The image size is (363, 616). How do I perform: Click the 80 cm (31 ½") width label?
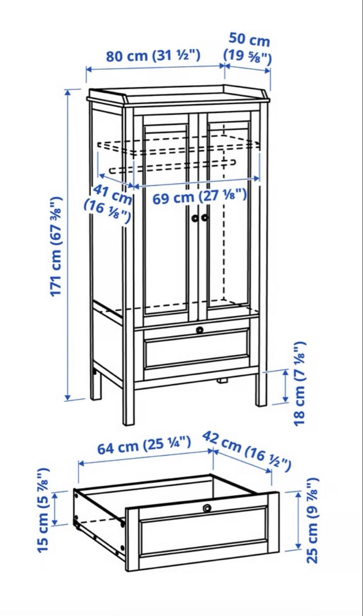(153, 55)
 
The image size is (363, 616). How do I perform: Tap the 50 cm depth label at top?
(248, 47)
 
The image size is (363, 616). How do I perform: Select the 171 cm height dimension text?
(56, 246)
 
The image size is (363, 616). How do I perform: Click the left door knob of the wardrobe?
(195, 218)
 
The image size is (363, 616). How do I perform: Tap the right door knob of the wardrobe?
(205, 218)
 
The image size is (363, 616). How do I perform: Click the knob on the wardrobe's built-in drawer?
(199, 330)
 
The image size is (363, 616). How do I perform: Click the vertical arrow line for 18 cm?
(285, 386)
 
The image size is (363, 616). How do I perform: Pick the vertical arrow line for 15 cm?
(55, 509)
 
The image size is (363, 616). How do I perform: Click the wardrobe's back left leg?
(95, 385)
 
